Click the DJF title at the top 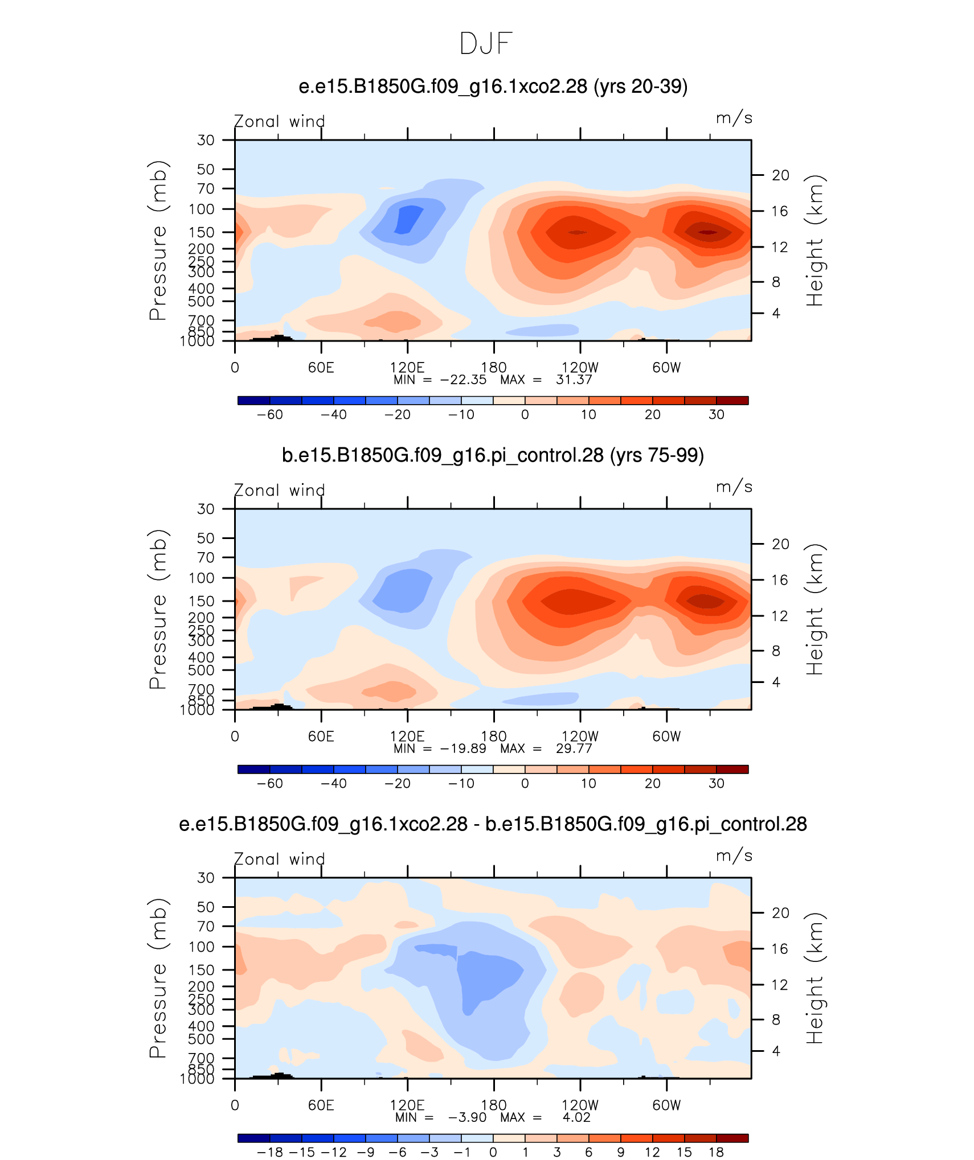click(x=486, y=44)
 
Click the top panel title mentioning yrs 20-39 click(x=493, y=87)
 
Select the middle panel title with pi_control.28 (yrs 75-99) click(x=493, y=455)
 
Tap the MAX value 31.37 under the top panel click(x=574, y=380)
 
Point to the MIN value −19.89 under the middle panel click(x=464, y=748)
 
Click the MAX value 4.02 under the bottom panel click(x=576, y=1117)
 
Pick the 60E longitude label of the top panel click(x=321, y=368)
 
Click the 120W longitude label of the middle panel click(x=580, y=737)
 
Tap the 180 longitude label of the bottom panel click(x=493, y=1105)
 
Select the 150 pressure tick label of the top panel click(x=202, y=232)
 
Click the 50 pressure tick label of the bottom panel click(x=206, y=907)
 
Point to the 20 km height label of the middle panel click(x=780, y=544)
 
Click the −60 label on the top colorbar click(x=269, y=414)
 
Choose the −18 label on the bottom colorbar click(x=269, y=1152)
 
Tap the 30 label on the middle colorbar click(x=717, y=783)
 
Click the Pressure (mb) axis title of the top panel click(x=158, y=241)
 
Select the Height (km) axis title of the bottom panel click(x=815, y=978)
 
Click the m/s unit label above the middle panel click(x=734, y=487)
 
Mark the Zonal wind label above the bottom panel click(x=279, y=859)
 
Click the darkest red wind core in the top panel click(x=707, y=232)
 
